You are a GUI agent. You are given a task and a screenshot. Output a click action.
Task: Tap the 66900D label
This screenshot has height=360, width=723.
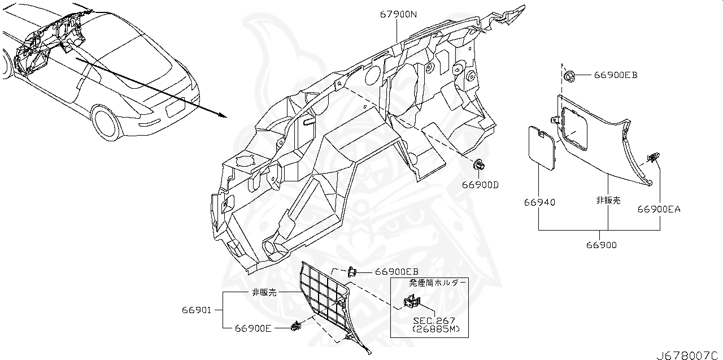click(x=480, y=185)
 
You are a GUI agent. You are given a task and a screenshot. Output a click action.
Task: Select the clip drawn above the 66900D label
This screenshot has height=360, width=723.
click(x=479, y=165)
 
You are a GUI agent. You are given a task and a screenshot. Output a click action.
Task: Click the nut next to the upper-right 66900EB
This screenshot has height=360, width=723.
click(x=569, y=75)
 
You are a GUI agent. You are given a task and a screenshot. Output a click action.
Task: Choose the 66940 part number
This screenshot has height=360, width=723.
click(x=539, y=202)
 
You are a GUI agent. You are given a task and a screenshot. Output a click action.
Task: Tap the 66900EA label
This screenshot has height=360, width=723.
click(x=659, y=209)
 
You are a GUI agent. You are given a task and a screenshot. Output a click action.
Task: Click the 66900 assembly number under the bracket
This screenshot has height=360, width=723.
click(x=601, y=245)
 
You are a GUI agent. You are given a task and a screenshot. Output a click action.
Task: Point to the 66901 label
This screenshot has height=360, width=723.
click(x=197, y=310)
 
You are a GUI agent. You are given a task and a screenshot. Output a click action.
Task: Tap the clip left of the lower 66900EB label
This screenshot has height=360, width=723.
click(x=352, y=271)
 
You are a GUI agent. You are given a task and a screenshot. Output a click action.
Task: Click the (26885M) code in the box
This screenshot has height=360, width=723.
click(x=435, y=329)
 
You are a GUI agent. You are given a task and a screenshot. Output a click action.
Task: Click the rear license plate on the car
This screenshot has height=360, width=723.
click(x=175, y=105)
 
